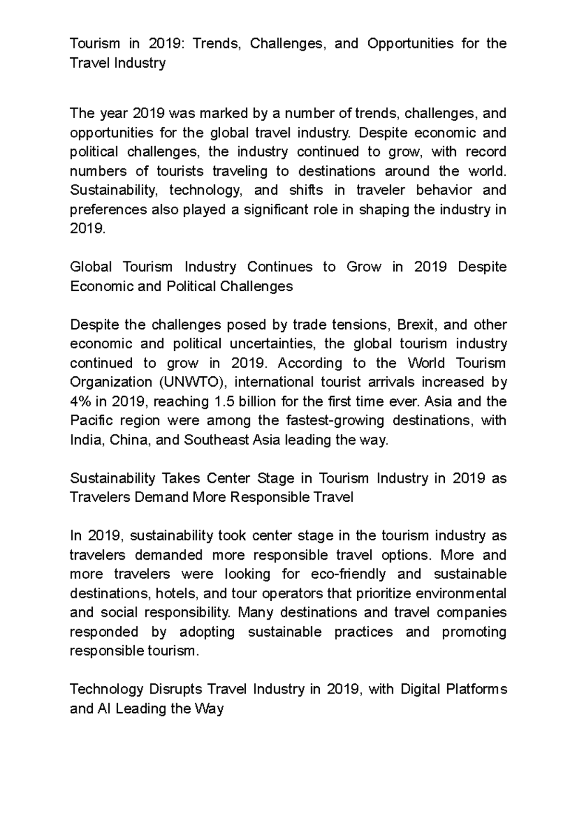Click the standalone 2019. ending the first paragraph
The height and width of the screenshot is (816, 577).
click(88, 229)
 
